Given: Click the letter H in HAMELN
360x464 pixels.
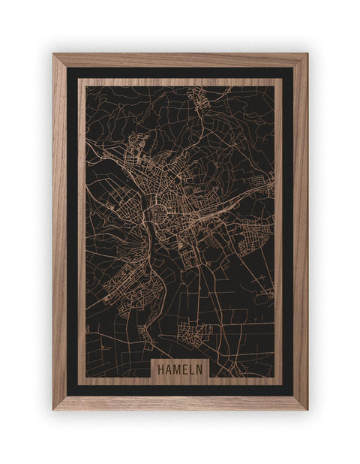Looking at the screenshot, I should [161, 369].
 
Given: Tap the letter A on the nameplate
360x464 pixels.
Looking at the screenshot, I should [169, 369].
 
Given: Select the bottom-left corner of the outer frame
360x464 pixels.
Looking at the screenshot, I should [54, 408].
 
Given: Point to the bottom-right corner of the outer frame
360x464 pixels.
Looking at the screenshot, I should [306, 408].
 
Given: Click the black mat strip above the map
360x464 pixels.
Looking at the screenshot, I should [180, 72].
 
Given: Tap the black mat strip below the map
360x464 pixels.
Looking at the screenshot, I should [180, 390].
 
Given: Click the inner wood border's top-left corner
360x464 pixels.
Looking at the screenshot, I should [79, 80].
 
